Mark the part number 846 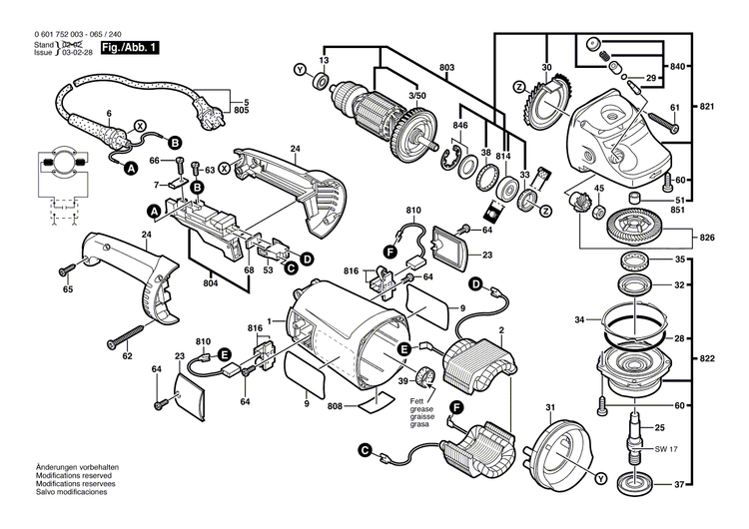point(459,127)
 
